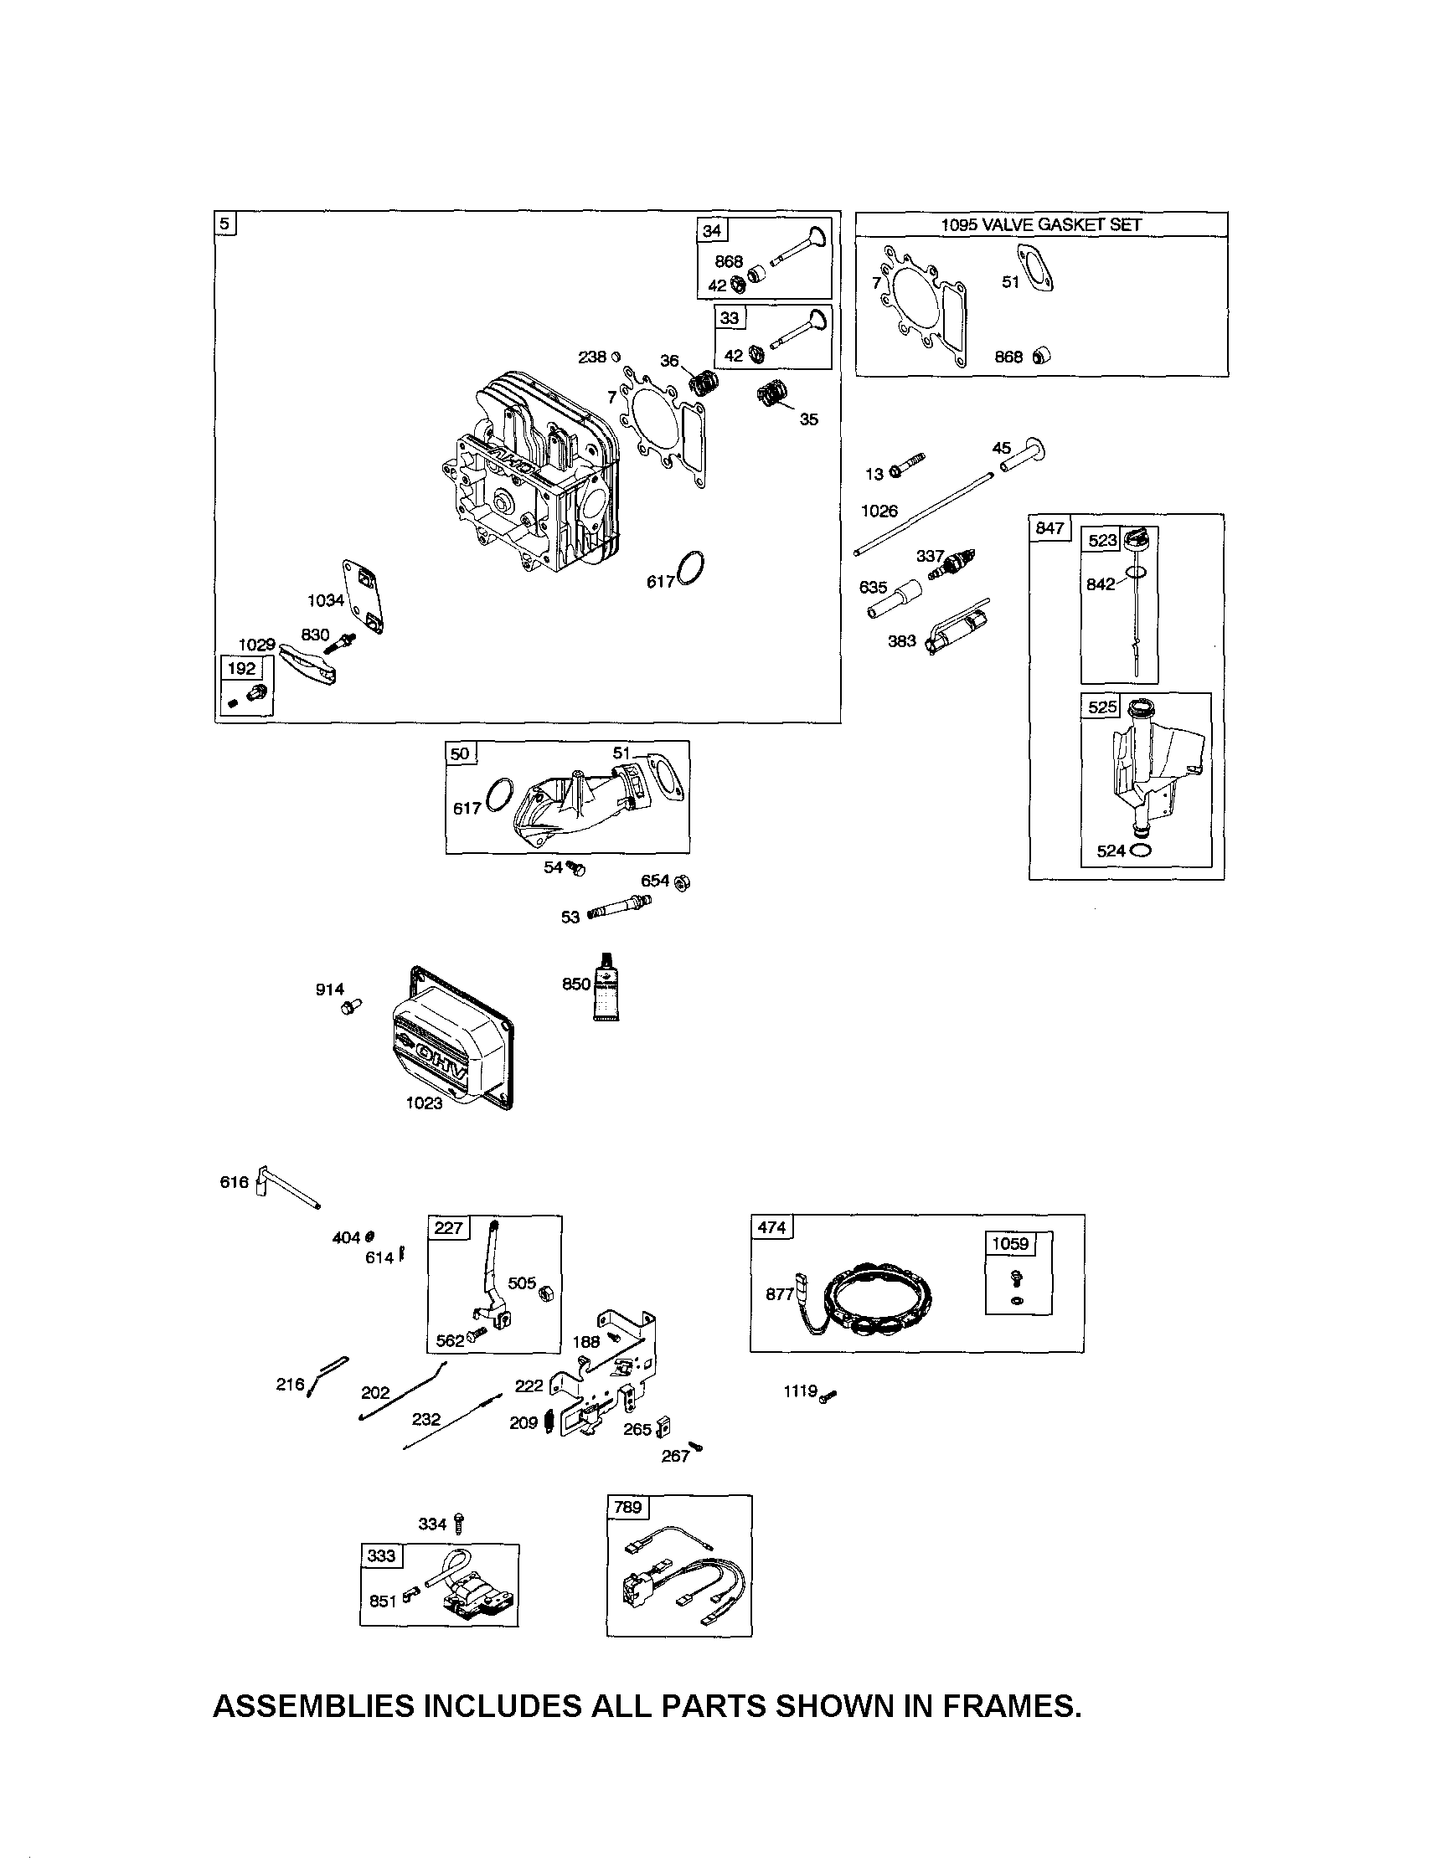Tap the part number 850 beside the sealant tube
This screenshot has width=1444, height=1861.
coord(575,984)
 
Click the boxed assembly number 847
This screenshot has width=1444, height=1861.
coord(1049,528)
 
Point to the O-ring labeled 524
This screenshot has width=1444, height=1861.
coord(1142,850)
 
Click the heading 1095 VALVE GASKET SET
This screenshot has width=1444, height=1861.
coord(1041,224)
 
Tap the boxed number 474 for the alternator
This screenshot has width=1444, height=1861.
coord(771,1227)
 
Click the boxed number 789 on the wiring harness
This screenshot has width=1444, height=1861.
coord(627,1507)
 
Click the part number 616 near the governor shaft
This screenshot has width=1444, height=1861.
coord(234,1182)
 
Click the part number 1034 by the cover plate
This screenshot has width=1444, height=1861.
coord(326,600)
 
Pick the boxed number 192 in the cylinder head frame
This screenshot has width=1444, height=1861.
coord(241,668)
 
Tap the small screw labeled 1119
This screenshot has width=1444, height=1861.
coord(828,1396)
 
